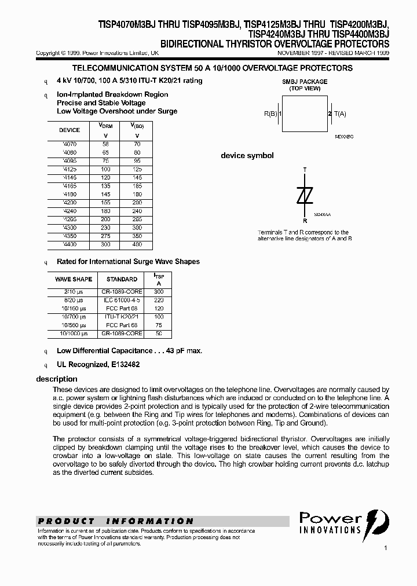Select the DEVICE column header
click(x=69, y=130)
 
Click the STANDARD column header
click(x=122, y=279)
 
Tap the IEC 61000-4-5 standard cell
click(x=122, y=300)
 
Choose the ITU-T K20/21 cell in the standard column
click(x=122, y=317)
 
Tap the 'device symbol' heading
click(x=247, y=156)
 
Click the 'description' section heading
click(x=57, y=379)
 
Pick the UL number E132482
click(x=123, y=365)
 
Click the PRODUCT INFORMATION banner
click(x=116, y=521)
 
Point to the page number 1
click(x=385, y=548)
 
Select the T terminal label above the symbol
click(x=305, y=170)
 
